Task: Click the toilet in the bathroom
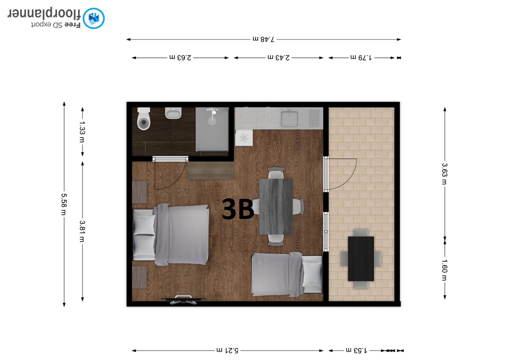click(x=144, y=119)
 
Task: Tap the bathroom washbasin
click(x=173, y=113)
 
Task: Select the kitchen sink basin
click(x=289, y=119)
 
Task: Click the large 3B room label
click(x=238, y=209)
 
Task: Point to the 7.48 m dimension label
click(x=264, y=39)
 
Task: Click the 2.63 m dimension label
click(x=180, y=57)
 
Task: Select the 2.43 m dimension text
click(x=278, y=57)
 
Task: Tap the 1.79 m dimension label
click(x=361, y=57)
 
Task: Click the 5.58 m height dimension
click(x=64, y=204)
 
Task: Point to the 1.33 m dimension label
click(x=82, y=132)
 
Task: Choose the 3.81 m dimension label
click(x=82, y=232)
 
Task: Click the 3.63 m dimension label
click(x=444, y=174)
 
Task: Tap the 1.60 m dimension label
click(x=444, y=270)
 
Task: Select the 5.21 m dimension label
click(x=227, y=350)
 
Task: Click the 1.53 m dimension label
click(x=356, y=350)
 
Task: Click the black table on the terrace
click(x=361, y=259)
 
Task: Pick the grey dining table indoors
click(x=276, y=206)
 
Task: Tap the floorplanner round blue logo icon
click(x=93, y=18)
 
